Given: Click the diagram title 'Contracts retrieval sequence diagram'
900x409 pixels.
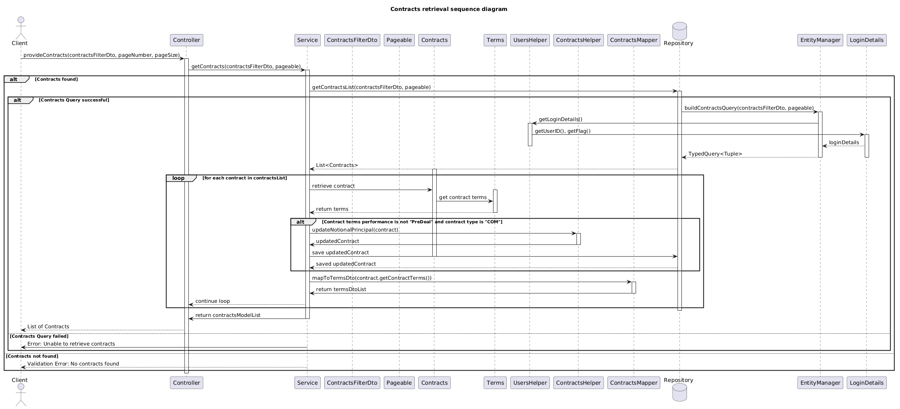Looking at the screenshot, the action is (448, 9).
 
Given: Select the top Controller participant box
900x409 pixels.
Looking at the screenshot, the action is (186, 40).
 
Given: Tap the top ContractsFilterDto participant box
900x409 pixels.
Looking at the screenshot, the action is (352, 40).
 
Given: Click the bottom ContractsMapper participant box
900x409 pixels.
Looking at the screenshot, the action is (634, 383).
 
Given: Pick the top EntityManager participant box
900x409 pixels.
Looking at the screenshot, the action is (820, 40).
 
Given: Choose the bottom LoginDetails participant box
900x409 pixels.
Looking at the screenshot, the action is (866, 383).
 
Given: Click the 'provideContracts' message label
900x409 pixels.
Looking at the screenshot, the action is (101, 55).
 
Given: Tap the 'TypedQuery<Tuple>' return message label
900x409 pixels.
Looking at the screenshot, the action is (715, 154).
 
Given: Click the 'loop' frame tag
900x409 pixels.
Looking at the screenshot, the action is (179, 178).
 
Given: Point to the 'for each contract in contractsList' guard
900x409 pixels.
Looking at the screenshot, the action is (244, 178).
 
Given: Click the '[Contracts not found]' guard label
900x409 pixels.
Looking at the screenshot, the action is (32, 357).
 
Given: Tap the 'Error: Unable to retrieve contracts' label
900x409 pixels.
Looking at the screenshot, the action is (71, 344).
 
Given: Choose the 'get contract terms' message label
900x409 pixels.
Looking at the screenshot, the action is (463, 197).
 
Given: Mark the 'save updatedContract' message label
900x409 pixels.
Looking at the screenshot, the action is (340, 253).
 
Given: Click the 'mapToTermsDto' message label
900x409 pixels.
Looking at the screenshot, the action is (372, 278).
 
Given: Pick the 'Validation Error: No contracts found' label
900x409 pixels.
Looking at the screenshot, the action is (73, 364).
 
